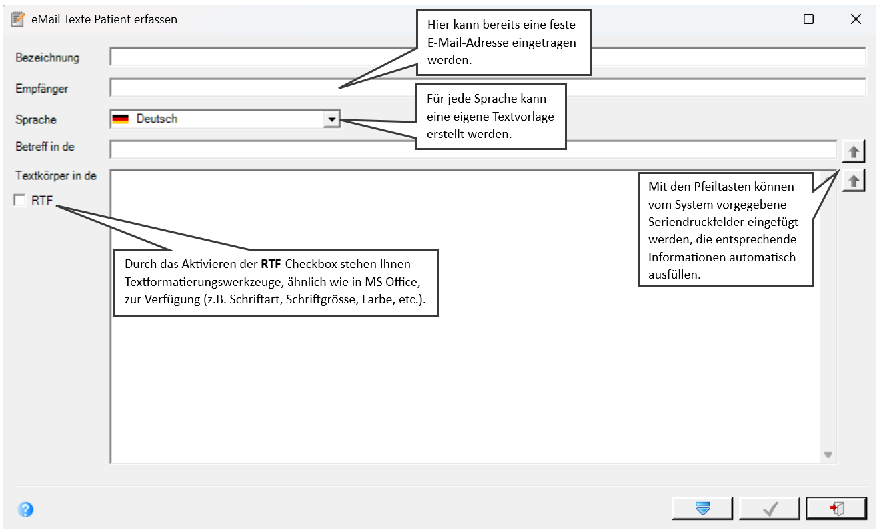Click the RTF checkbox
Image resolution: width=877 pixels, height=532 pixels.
[19, 200]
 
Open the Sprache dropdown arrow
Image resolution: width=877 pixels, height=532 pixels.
[331, 119]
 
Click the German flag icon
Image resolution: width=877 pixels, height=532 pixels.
[120, 119]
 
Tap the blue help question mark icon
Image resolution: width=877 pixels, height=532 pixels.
[25, 509]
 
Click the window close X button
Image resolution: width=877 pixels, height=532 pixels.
[856, 19]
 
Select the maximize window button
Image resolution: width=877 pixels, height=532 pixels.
[808, 19]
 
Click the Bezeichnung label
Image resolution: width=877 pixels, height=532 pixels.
[47, 57]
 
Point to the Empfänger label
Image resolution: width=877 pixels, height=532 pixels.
[42, 89]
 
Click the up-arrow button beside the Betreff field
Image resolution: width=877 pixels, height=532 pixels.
[854, 151]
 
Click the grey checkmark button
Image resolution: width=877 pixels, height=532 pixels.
[770, 509]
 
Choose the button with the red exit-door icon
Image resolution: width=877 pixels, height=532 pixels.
[836, 509]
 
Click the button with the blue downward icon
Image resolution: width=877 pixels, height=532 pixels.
[702, 509]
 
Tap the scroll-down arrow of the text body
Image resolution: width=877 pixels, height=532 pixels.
[828, 455]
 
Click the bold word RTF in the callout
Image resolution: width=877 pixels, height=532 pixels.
[271, 264]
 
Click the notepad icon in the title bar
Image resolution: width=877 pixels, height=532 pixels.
[18, 19]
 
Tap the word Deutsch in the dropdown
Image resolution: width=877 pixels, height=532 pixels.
[157, 119]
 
